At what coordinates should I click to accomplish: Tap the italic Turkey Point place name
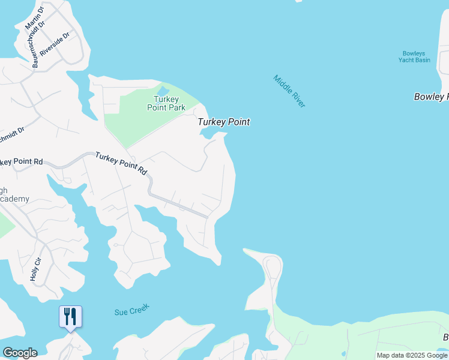click(224, 122)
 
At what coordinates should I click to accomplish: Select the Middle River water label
click(289, 91)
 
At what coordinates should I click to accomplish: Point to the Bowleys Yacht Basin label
click(415, 56)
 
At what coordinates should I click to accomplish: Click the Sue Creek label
click(131, 310)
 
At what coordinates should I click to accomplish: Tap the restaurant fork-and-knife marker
click(70, 316)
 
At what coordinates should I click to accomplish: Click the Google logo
click(20, 353)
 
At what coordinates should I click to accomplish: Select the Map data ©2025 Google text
click(412, 355)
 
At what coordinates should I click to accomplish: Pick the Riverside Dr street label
click(55, 43)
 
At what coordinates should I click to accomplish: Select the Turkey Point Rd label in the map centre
click(122, 162)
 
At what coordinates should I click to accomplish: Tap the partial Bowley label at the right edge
click(431, 97)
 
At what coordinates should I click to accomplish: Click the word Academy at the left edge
click(14, 199)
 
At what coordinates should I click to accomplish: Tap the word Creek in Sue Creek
click(139, 308)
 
